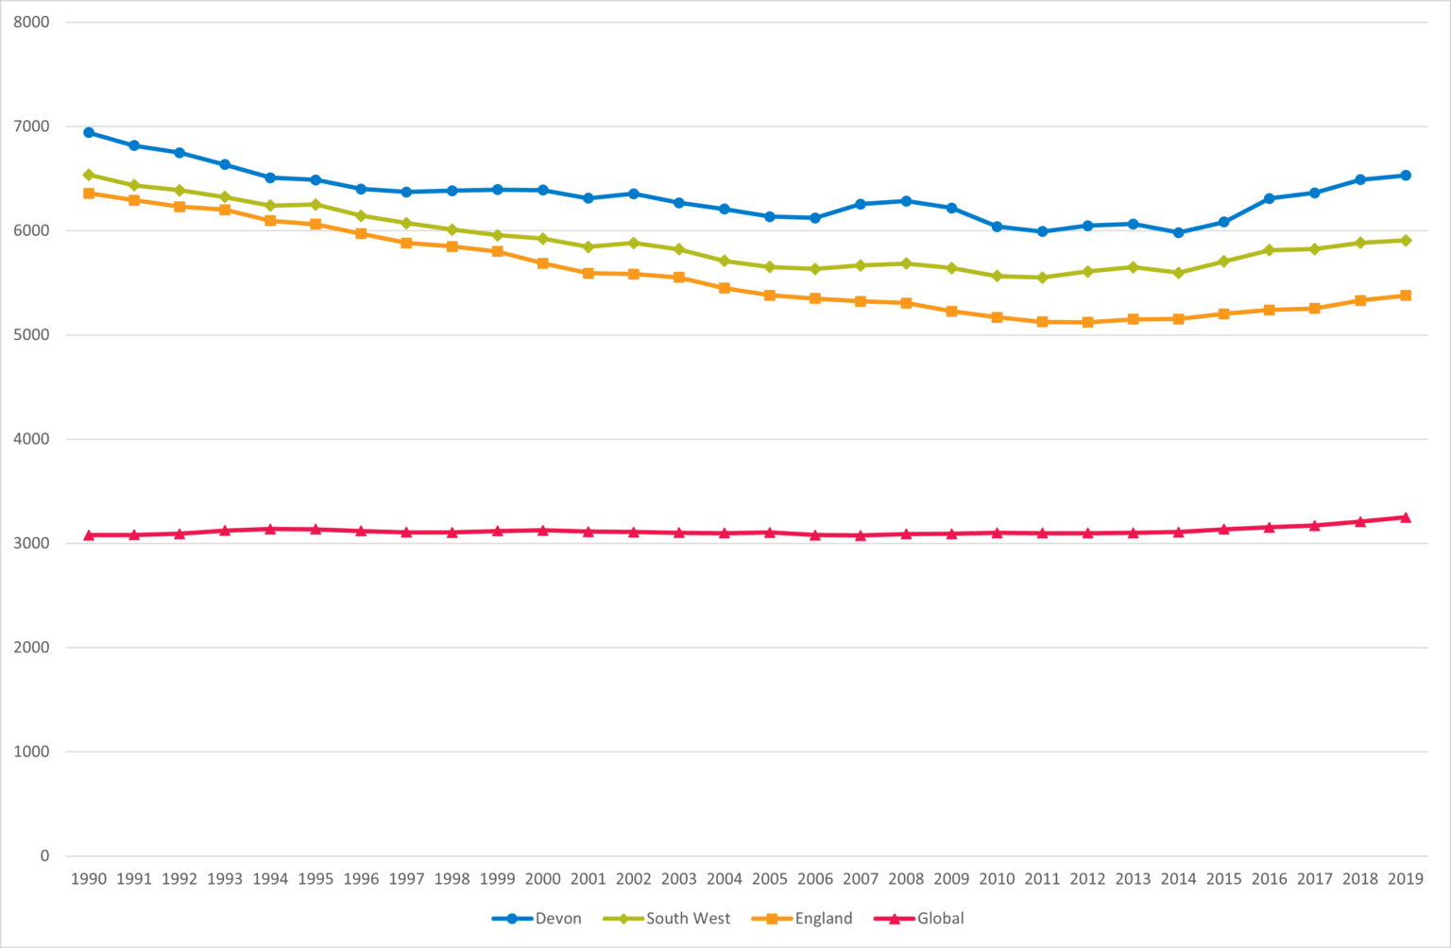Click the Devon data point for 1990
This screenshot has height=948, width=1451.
pyautogui.click(x=89, y=132)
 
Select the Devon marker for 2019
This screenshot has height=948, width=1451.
pyautogui.click(x=1406, y=175)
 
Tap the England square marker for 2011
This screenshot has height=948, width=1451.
pyautogui.click(x=1042, y=322)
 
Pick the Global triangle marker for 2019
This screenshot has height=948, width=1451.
pyautogui.click(x=1406, y=517)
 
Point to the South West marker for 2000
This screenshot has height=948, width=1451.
pyautogui.click(x=543, y=239)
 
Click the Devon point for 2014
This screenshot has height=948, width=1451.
pyautogui.click(x=1178, y=232)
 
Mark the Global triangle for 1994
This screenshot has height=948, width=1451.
pyautogui.click(x=270, y=529)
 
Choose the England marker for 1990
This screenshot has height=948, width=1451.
pyautogui.click(x=89, y=194)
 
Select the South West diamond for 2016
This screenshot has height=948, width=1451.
pyautogui.click(x=1270, y=250)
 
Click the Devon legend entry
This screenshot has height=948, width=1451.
pyautogui.click(x=538, y=919)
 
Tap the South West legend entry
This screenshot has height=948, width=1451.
pyautogui.click(x=667, y=919)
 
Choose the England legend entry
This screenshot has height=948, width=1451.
pyautogui.click(x=803, y=919)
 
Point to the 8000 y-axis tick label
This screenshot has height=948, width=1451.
pyautogui.click(x=31, y=22)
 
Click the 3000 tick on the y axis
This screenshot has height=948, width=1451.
pyautogui.click(x=31, y=543)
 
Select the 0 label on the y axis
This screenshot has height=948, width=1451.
pyautogui.click(x=44, y=855)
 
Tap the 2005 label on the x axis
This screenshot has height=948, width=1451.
pyautogui.click(x=770, y=879)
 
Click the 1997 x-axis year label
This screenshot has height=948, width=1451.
pyautogui.click(x=406, y=879)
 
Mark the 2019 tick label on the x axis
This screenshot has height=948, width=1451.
pyautogui.click(x=1406, y=879)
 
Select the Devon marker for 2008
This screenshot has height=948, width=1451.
pyautogui.click(x=906, y=201)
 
